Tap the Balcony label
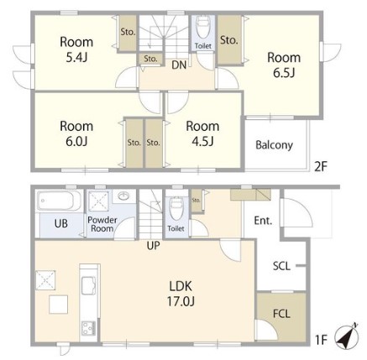[x=274, y=145]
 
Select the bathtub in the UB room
[x=59, y=201]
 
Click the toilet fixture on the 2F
[x=203, y=27]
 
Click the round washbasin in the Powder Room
[x=123, y=196]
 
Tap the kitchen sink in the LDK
[x=89, y=285]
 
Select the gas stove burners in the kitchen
[x=89, y=328]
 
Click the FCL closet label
[x=281, y=314]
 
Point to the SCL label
[x=281, y=266]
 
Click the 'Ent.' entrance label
[x=263, y=221]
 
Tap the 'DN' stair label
[x=179, y=65]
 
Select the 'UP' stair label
[x=153, y=246]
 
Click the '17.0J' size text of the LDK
[x=181, y=301]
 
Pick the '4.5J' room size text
[x=202, y=142]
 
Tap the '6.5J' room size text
[x=284, y=73]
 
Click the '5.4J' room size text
[x=76, y=57]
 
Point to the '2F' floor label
[x=321, y=167]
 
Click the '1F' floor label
[x=321, y=340]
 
